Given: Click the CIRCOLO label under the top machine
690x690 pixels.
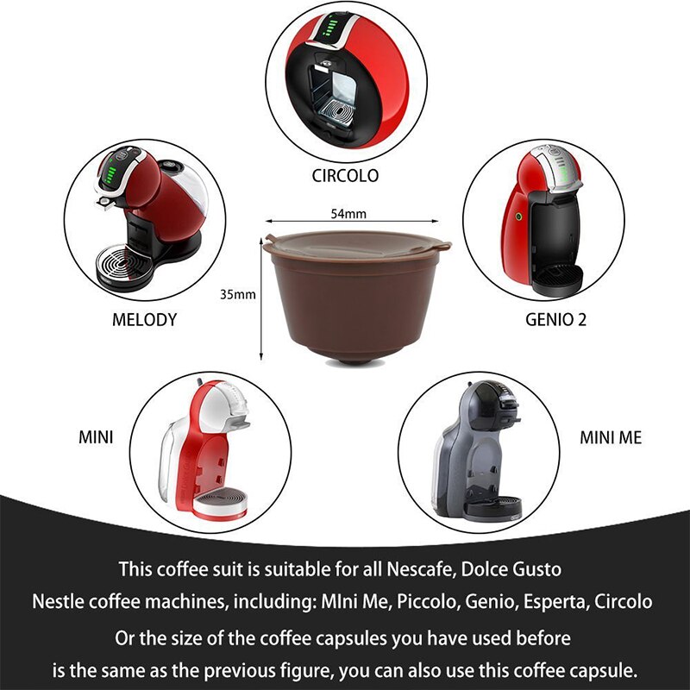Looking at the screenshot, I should (x=344, y=176).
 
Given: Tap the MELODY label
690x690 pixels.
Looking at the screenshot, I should (x=144, y=319).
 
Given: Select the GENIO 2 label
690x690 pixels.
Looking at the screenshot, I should (x=555, y=319).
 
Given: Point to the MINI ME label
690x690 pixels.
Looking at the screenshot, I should (x=611, y=437).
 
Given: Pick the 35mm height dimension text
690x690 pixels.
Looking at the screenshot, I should (x=238, y=295).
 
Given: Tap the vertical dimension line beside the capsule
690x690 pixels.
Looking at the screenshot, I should (x=261, y=298).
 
